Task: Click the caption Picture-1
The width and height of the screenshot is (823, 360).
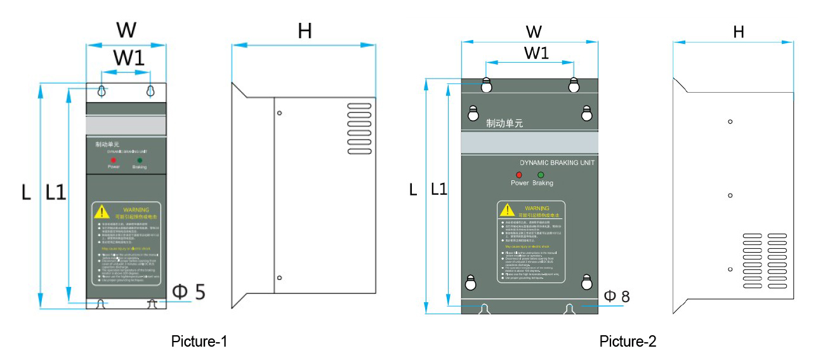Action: (199, 342)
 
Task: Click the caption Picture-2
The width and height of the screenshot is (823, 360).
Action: (628, 342)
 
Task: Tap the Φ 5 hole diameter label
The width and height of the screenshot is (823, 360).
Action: (189, 292)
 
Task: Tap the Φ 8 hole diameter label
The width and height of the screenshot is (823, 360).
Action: (616, 296)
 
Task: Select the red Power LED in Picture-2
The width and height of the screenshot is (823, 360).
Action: (519, 175)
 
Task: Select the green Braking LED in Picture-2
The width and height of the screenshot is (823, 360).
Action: (541, 175)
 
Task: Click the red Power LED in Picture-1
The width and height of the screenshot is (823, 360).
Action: (113, 161)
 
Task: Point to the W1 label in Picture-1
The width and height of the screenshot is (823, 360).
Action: (129, 58)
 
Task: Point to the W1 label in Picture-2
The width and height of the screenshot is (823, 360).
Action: (536, 53)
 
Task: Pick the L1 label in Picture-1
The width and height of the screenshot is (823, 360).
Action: (56, 192)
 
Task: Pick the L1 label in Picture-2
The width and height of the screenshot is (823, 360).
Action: (438, 189)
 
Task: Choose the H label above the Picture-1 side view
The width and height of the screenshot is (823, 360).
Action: (305, 31)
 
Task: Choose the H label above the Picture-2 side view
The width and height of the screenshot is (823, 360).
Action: (738, 32)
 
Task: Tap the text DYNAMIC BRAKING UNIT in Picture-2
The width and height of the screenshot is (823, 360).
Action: (556, 163)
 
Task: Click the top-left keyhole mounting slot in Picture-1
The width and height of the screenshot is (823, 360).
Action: (102, 91)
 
